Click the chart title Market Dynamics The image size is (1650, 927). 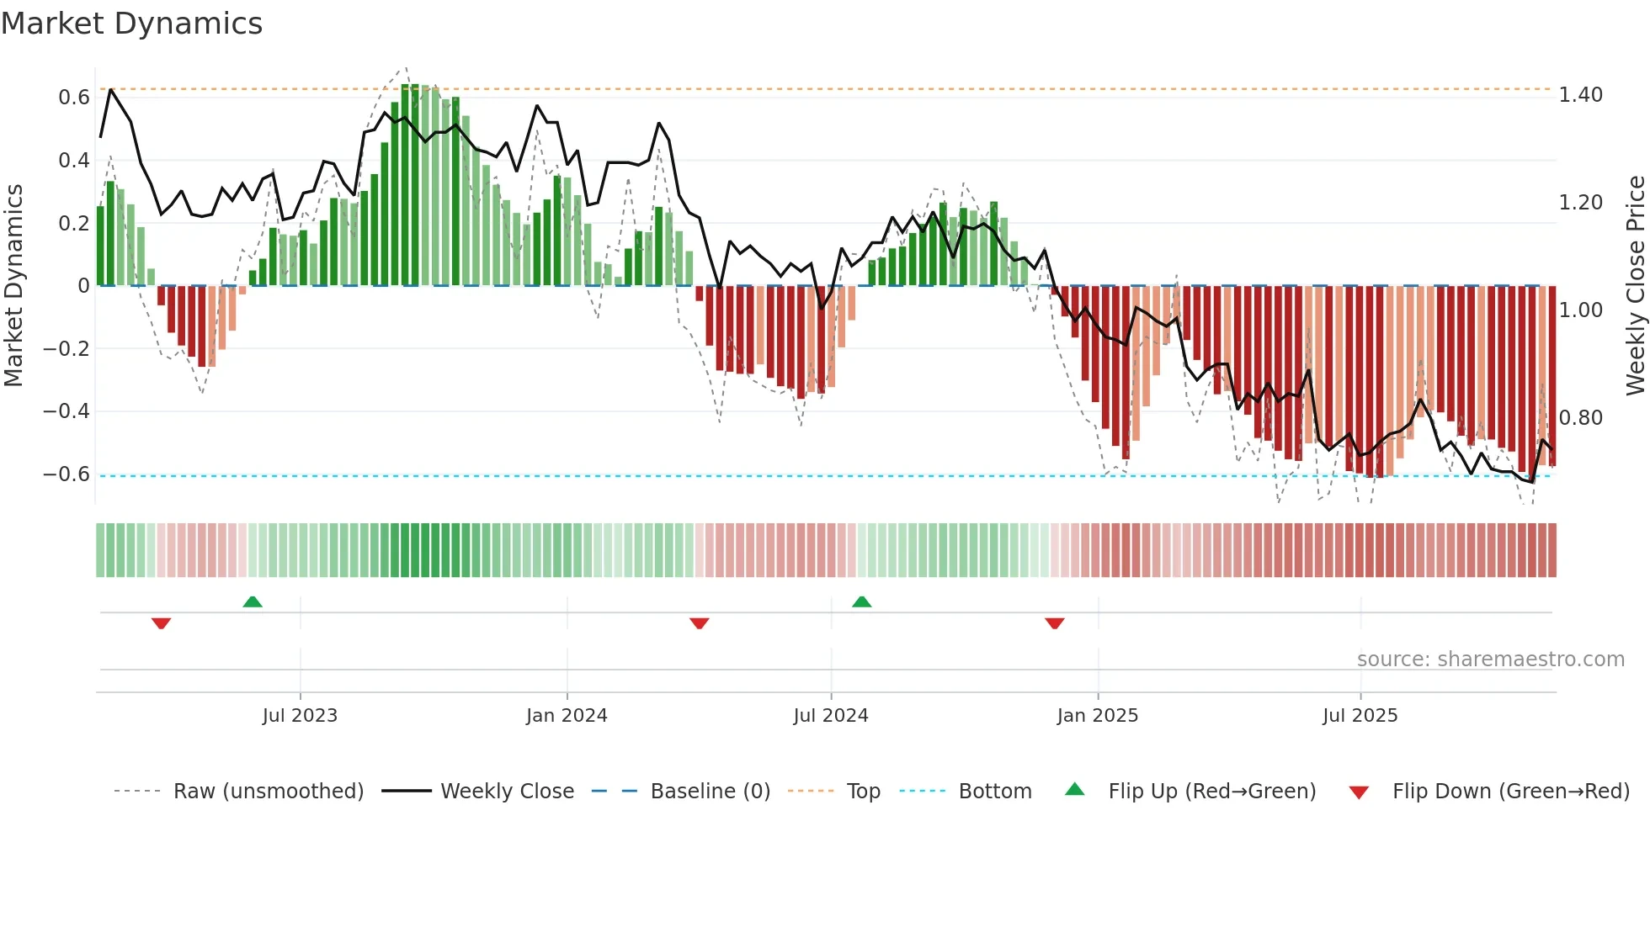[x=131, y=24]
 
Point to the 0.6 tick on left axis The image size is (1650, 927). [x=74, y=98]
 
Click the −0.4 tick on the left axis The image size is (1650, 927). [x=67, y=411]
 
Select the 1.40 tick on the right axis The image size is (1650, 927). [x=1580, y=95]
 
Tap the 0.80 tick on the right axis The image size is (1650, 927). [x=1580, y=418]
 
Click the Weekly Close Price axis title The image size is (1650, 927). [x=1635, y=285]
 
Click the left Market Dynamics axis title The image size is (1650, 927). [x=13, y=285]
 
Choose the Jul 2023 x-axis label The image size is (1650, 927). [x=300, y=716]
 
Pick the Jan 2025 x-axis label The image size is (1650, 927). [x=1097, y=716]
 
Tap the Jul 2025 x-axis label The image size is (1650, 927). [x=1360, y=716]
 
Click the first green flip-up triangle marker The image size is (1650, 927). [x=253, y=601]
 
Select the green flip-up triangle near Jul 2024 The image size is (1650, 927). [x=861, y=601]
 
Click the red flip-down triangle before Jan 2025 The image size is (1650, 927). [x=1055, y=623]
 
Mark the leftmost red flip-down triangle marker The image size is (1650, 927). [x=162, y=623]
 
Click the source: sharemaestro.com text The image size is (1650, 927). [x=1490, y=659]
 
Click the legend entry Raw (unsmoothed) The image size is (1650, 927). [x=268, y=792]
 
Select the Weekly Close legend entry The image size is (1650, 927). [x=507, y=792]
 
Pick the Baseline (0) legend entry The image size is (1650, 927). [x=710, y=792]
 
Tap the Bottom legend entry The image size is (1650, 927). [x=994, y=792]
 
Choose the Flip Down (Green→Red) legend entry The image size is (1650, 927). [x=1510, y=792]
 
